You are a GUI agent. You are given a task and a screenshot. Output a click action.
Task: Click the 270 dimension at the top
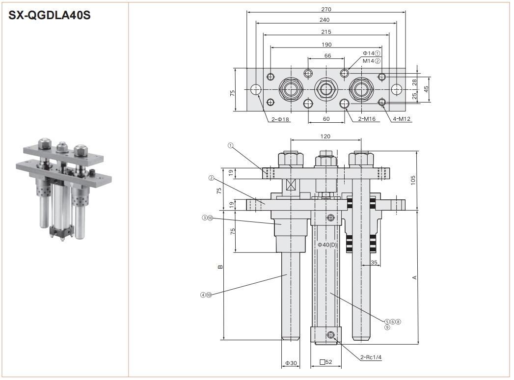pos(326,9)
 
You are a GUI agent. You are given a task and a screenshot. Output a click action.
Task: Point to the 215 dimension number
pos(326,32)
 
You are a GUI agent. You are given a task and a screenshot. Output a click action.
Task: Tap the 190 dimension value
pos(326,44)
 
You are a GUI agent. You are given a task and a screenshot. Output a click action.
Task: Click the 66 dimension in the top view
pos(327,56)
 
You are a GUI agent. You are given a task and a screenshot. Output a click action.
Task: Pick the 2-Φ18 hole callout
pos(280,119)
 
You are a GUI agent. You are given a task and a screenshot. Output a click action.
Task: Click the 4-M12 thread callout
pos(401,119)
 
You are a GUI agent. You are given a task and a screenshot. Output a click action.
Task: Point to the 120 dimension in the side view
pos(325,136)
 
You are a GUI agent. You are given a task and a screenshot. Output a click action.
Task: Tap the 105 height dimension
pos(413,180)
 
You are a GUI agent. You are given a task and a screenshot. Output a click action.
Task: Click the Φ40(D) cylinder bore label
pos(327,244)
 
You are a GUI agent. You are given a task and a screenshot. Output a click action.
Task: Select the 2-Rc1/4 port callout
pos(371,357)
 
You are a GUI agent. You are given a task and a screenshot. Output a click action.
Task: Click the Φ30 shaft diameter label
pos(291,363)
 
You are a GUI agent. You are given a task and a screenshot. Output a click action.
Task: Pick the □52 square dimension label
pos(326,362)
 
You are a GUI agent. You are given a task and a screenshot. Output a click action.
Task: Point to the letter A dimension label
pos(415,278)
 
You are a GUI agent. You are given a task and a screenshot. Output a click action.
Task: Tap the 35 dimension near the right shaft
pos(374,263)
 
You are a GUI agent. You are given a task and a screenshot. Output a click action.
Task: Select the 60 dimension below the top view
pos(325,119)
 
